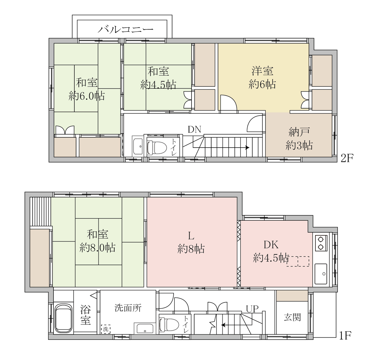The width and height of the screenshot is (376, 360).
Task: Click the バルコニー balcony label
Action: point(125,30)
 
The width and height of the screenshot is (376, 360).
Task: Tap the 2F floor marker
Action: point(347,158)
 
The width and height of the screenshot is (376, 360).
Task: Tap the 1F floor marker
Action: point(345,335)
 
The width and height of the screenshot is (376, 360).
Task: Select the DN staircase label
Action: point(194,129)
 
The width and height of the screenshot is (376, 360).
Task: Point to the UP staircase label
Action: point(252,309)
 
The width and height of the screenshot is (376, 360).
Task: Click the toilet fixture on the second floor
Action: point(157,148)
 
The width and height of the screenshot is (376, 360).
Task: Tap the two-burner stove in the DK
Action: point(321,243)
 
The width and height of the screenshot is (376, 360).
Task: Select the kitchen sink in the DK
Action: point(321,274)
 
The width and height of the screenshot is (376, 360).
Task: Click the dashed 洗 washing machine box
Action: point(106,329)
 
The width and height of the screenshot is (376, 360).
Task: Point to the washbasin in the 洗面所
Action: point(145,328)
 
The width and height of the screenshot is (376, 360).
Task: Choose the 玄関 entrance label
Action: point(292,317)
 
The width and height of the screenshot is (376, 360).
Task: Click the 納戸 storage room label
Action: point(299,139)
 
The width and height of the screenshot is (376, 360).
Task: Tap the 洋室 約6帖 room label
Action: point(262,77)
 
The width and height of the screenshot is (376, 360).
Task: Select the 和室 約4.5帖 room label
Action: point(158,78)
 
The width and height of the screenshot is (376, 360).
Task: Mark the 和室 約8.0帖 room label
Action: point(98,241)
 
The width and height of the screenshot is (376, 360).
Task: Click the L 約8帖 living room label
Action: point(191,242)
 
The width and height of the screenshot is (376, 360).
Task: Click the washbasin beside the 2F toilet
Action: point(138,146)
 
